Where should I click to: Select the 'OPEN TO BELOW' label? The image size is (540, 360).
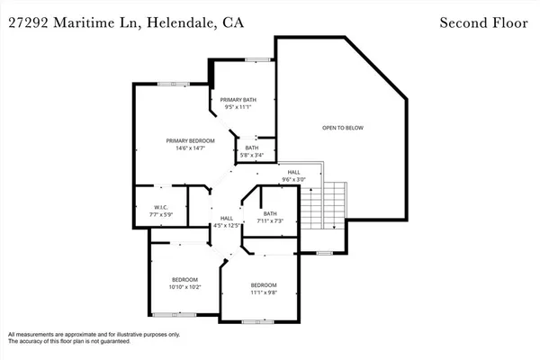point(343,128)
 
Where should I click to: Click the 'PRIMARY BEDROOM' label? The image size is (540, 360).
point(186,141)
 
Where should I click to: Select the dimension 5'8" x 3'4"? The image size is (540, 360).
point(251,155)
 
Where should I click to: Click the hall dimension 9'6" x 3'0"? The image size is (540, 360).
point(294,179)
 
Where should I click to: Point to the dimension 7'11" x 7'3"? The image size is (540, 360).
point(270,220)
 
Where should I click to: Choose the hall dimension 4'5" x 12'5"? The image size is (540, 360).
point(228,225)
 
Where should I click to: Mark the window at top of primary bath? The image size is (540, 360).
point(258,60)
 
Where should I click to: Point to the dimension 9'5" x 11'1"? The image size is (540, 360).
point(239,108)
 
